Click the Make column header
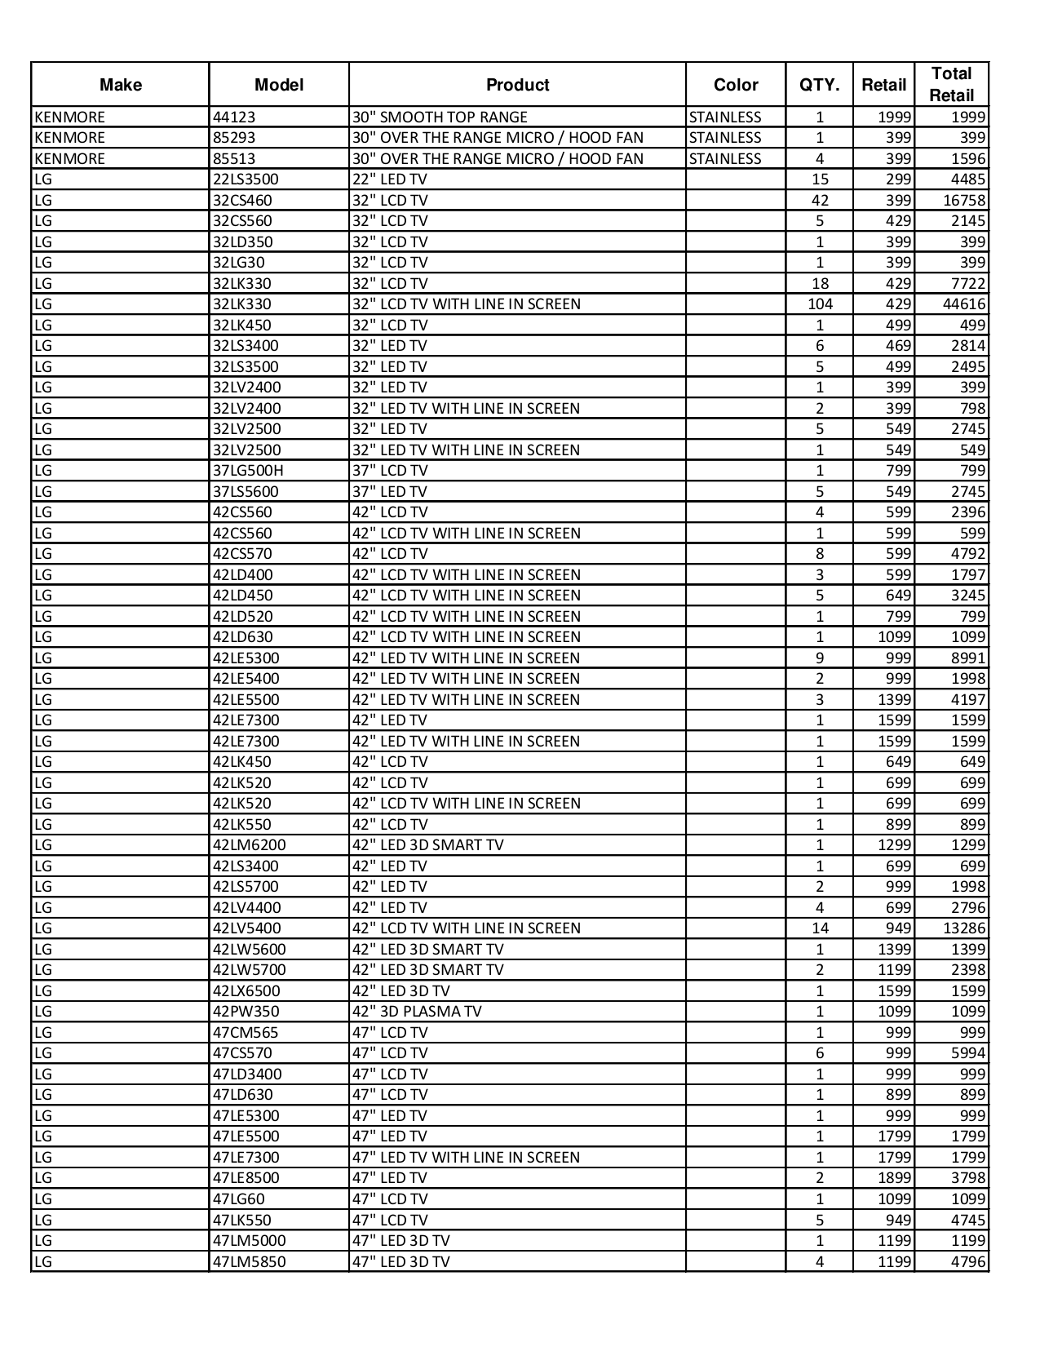click(120, 85)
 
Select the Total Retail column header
click(951, 84)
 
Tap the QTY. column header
click(819, 85)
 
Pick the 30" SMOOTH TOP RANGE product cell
click(440, 117)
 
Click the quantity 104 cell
click(820, 304)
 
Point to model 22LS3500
click(246, 179)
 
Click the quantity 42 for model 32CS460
click(820, 201)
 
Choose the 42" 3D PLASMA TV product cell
click(417, 1012)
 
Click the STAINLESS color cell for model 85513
click(725, 159)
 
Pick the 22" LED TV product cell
click(390, 179)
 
